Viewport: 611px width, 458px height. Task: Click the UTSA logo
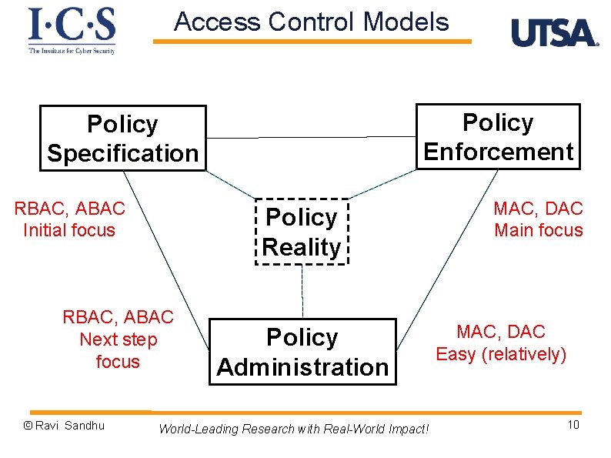pos(554,33)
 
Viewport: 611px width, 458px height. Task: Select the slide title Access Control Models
pos(311,22)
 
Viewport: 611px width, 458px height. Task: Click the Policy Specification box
pos(123,138)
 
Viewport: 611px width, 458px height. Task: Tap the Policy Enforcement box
pos(498,136)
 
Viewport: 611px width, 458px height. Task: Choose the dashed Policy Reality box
pos(302,232)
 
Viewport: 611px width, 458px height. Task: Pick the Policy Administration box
pos(302,352)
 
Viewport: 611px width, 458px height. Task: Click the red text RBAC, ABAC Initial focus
pos(69,219)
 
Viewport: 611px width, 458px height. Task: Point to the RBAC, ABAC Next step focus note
pos(118,339)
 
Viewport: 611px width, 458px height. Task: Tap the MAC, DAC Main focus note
pos(538,219)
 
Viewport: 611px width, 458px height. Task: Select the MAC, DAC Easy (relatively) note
pos(501,343)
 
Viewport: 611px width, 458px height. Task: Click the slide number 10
pos(573,426)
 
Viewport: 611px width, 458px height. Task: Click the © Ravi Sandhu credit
pos(64,426)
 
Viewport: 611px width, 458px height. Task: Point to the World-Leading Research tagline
pos(293,429)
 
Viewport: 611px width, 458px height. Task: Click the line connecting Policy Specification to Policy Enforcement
pos(311,137)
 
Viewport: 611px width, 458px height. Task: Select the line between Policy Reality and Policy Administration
pos(302,292)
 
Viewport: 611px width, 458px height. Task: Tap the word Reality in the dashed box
pos(302,247)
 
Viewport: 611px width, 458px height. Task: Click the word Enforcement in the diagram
pos(498,152)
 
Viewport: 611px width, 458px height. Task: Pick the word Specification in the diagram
pos(123,153)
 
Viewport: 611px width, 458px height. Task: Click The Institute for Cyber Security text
pos(72,50)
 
